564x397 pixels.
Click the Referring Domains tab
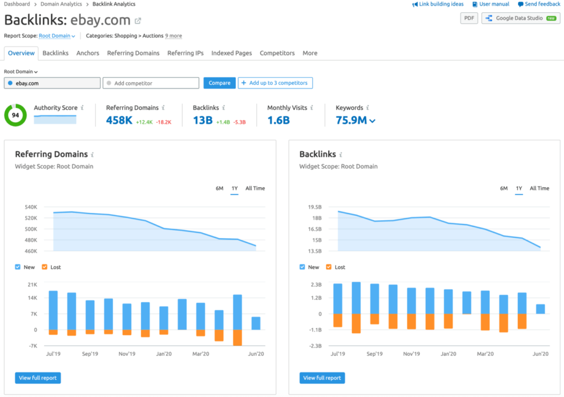133,53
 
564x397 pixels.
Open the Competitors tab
277,53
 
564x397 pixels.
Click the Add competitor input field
151,83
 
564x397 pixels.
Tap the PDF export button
469,18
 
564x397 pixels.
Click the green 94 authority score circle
15,115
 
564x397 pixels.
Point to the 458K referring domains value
119,120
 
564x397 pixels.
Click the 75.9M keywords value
351,120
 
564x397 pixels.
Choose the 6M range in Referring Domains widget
219,188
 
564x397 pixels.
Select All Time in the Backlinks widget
539,188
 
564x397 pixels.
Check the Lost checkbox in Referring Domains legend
45,267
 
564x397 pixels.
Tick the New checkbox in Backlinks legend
302,267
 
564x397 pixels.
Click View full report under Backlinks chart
322,378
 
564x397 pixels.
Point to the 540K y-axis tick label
30,207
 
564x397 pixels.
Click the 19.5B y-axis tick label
314,207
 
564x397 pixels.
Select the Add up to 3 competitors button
275,83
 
